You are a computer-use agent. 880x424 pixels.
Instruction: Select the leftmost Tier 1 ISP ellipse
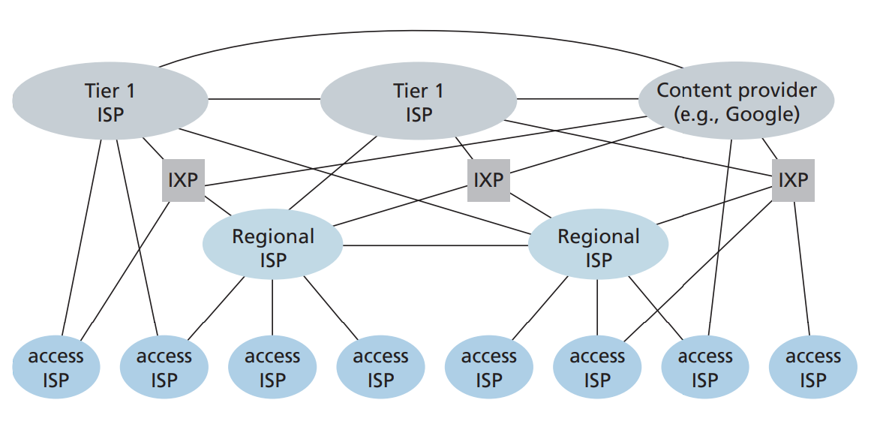click(x=110, y=102)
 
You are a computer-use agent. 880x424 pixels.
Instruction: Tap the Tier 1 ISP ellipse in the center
click(x=418, y=102)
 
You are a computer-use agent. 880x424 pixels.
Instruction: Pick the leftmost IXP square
click(x=183, y=181)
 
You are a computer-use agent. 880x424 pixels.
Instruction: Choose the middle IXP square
click(x=488, y=181)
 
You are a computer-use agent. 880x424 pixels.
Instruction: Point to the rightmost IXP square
click(x=792, y=181)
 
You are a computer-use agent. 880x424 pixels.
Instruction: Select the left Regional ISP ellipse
click(x=272, y=248)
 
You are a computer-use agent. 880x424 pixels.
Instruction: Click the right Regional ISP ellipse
click(x=598, y=248)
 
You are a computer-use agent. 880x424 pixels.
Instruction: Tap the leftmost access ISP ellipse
click(x=56, y=368)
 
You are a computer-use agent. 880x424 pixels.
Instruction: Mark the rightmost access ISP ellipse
click(x=812, y=368)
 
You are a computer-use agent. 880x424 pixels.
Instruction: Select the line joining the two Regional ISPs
click(x=435, y=245)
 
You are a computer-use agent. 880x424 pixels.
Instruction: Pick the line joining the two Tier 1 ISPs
click(x=263, y=98)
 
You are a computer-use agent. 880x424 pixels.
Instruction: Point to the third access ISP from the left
click(x=272, y=368)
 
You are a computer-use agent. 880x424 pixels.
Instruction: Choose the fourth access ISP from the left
click(x=380, y=368)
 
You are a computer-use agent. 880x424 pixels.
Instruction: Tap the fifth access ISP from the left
click(x=488, y=368)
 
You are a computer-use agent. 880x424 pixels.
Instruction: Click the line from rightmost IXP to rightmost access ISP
click(x=802, y=270)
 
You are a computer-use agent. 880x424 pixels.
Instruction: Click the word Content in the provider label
click(x=691, y=91)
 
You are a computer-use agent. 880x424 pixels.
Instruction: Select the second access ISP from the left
click(x=164, y=368)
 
